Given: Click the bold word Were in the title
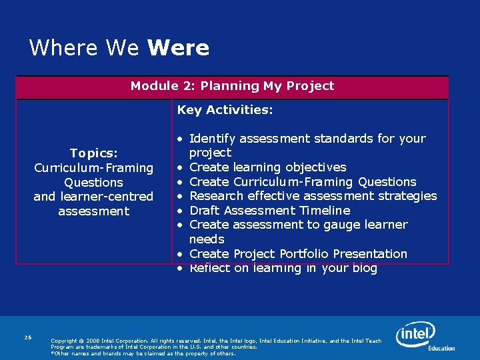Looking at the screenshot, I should coord(178,48).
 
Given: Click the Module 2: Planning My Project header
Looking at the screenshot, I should coord(232,86).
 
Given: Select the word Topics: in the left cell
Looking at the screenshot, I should coord(93,153).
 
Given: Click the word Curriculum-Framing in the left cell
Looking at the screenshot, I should coord(93,168).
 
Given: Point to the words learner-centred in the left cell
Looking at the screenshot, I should coord(114,197).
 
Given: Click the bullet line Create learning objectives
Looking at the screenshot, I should coord(267,167).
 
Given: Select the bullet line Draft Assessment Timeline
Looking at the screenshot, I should coord(269,211).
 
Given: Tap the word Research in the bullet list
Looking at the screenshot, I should coord(216,196).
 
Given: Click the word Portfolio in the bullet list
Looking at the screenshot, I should coord(303,254).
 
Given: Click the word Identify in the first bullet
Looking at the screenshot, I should coord(212,139).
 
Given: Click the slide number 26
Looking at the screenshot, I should coord(28,337).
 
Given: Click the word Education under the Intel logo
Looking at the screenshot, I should coord(441,348).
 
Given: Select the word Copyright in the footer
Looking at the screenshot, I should coord(65,341).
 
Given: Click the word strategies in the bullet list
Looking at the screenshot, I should coord(409,196).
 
